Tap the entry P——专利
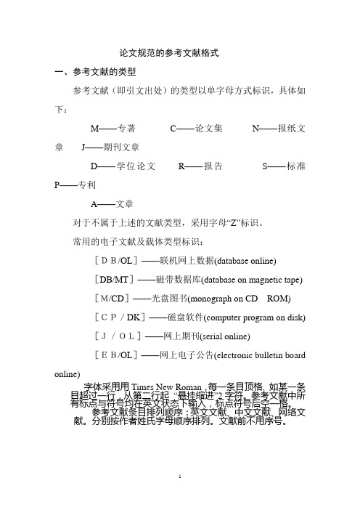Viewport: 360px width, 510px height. pos(70,185)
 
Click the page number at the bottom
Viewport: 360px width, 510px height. pos(179,497)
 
